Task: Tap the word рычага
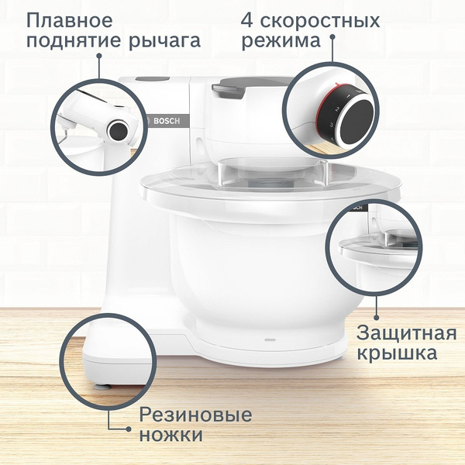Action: pos(164,40)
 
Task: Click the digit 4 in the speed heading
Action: pos(250,19)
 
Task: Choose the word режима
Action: pos(281,40)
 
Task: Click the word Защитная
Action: pos(404,334)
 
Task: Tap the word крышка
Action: pos(396,354)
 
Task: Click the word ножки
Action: pos(171,435)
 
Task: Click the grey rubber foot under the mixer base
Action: pos(102,382)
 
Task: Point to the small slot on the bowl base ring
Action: pos(269,339)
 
